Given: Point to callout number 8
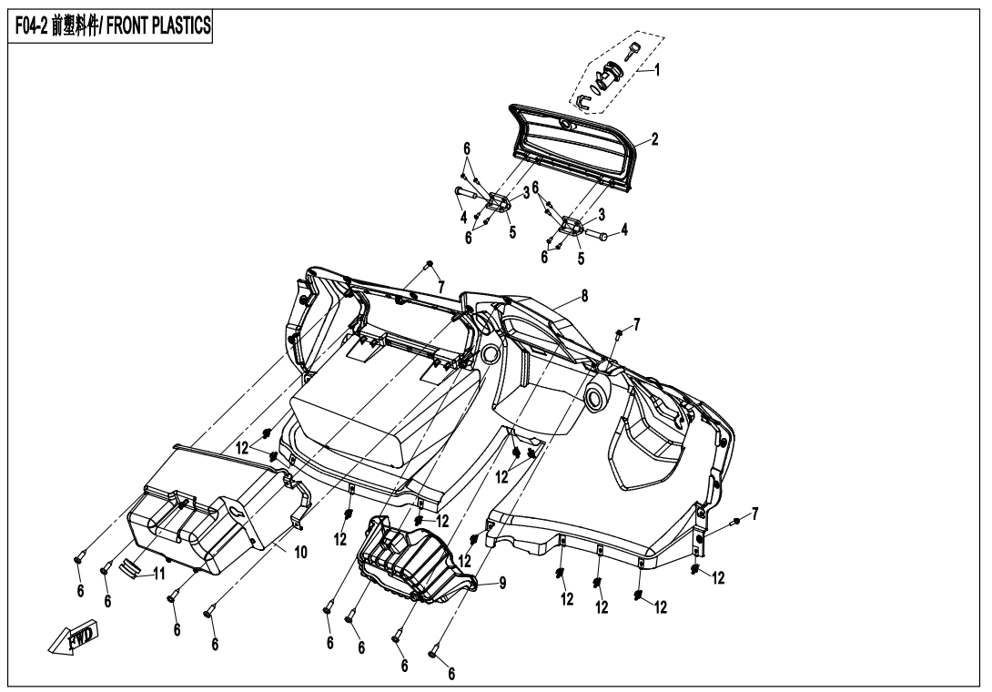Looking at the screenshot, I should [584, 296].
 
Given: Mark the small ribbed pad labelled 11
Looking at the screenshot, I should [133, 568].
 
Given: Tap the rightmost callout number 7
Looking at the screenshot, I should [754, 515].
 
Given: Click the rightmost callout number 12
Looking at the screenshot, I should [718, 579].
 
